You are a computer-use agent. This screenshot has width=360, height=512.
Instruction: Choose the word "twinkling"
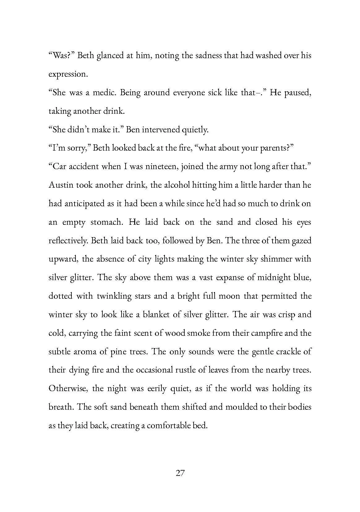pyautogui.click(x=114, y=296)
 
